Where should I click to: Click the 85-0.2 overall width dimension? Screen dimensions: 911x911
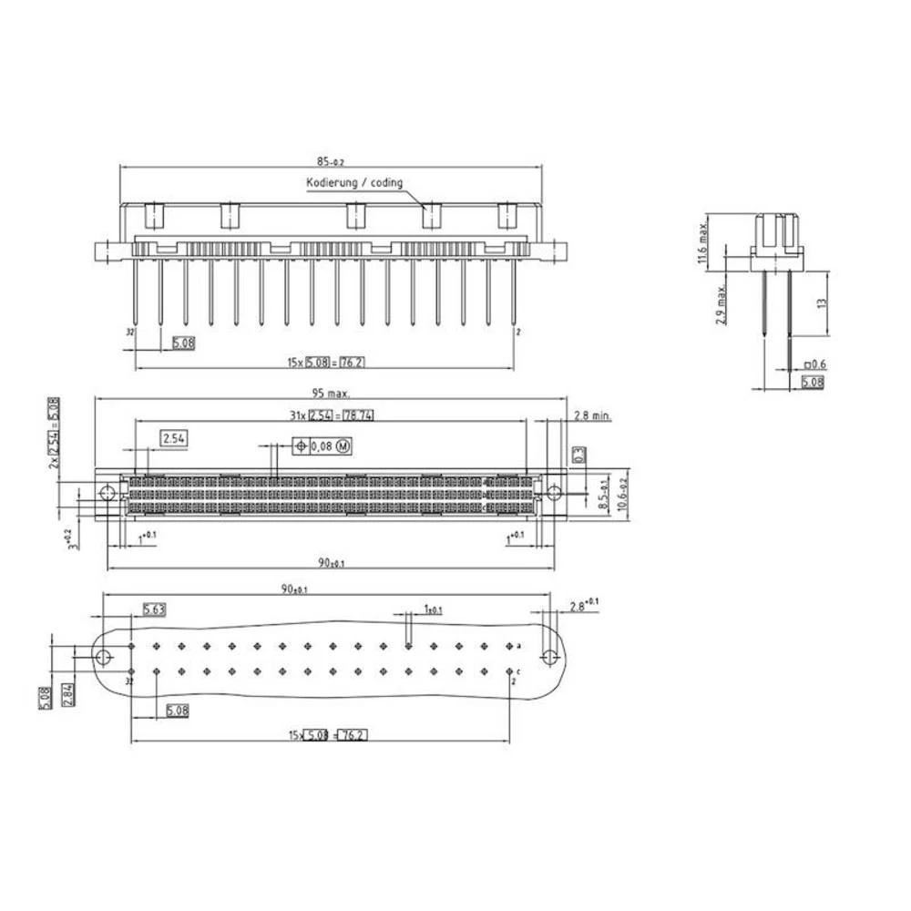pyautogui.click(x=330, y=162)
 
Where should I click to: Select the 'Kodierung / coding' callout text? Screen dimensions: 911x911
pyautogui.click(x=354, y=183)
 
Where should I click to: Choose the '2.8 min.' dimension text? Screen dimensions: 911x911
pyautogui.click(x=593, y=416)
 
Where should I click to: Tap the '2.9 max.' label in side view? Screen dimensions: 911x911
pyautogui.click(x=721, y=304)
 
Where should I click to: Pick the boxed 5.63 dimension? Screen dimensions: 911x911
pyautogui.click(x=153, y=609)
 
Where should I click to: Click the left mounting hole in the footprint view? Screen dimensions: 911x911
pyautogui.click(x=106, y=657)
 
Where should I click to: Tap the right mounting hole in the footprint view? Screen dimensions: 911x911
pyautogui.click(x=549, y=657)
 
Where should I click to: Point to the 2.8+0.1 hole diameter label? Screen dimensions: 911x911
pyautogui.click(x=584, y=605)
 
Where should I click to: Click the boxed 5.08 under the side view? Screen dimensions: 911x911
pyautogui.click(x=812, y=383)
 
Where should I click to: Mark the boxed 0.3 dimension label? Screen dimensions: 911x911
pyautogui.click(x=577, y=453)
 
